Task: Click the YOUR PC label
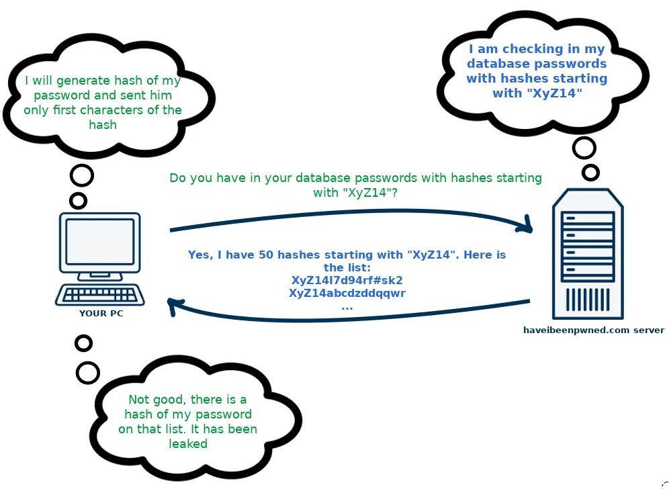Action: [101, 313]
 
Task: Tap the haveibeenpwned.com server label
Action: [594, 330]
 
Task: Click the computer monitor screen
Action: [100, 242]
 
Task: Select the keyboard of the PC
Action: [100, 295]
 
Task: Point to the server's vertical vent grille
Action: [588, 299]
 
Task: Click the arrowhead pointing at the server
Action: [526, 225]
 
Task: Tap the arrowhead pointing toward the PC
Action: [174, 306]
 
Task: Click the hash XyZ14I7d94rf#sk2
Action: [347, 280]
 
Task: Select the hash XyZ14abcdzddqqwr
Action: [347, 293]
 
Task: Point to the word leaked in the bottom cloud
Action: [188, 444]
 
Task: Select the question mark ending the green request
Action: [394, 192]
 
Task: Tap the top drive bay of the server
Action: [588, 218]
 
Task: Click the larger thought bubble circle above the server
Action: [584, 148]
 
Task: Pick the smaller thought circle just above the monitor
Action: [79, 201]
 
